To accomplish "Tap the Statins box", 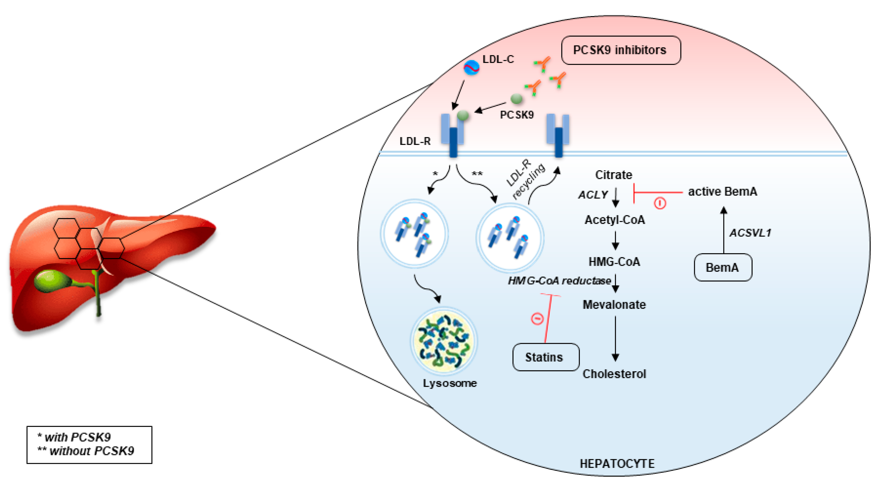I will (x=546, y=357).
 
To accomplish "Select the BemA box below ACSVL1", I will (x=723, y=267).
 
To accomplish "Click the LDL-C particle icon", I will (x=471, y=67).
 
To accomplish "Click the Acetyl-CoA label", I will (x=615, y=220).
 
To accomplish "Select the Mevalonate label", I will (x=614, y=304).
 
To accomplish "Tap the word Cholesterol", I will (x=614, y=374).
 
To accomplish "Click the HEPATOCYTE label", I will (x=617, y=464).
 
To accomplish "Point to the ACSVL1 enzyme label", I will (x=750, y=233).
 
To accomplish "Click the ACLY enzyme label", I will (x=593, y=195).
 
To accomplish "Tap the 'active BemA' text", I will (x=722, y=192).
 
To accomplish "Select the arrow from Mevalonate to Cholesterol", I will (x=615, y=338).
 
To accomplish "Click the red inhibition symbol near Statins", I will (x=537, y=319).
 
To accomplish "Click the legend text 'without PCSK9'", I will (x=92, y=451).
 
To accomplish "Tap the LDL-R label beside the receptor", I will (x=415, y=141).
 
